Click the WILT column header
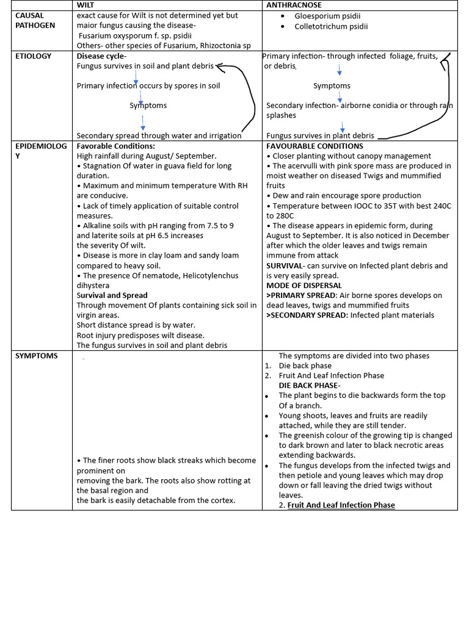tap(84, 5)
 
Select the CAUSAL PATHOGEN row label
tap(35, 20)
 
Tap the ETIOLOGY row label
tap(34, 56)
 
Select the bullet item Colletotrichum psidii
tap(331, 26)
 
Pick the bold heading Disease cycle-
tap(101, 56)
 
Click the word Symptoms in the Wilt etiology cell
tap(148, 106)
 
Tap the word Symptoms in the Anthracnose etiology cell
tap(332, 86)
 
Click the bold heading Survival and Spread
tap(112, 295)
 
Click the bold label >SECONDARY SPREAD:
tap(307, 316)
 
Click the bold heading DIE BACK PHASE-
tap(310, 386)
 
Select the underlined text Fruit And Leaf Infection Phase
tap(341, 505)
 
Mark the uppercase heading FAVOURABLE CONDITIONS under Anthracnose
tap(314, 146)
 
